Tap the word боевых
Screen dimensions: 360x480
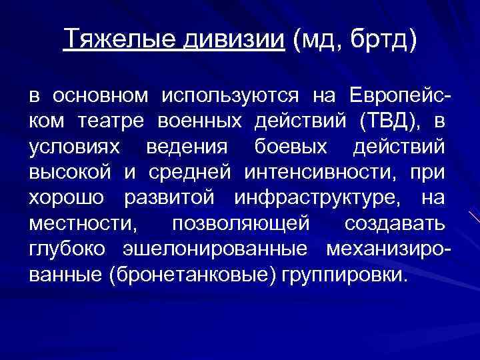[x=275, y=148]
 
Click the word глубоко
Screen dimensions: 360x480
[x=71, y=249]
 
